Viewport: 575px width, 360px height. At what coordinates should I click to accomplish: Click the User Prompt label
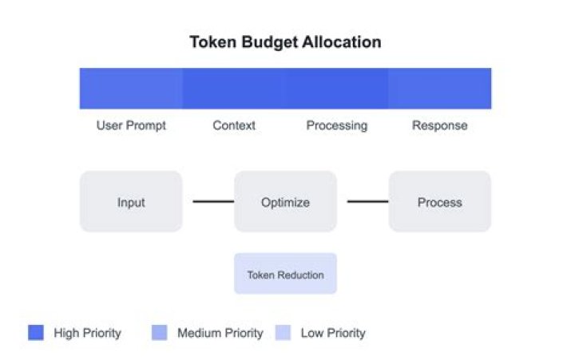[131, 125]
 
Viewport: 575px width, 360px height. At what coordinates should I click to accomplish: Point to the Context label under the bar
[234, 125]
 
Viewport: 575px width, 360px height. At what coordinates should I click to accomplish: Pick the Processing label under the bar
[337, 125]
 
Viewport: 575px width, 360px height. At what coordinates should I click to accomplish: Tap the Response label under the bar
[440, 125]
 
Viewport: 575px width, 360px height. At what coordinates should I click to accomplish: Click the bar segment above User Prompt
[131, 89]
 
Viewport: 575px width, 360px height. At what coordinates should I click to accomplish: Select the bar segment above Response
[440, 89]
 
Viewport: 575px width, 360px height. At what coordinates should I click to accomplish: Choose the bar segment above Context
[234, 89]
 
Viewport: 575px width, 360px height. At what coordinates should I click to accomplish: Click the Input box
[131, 201]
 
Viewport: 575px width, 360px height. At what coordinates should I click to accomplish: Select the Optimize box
[285, 201]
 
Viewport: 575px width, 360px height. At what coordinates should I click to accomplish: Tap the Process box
[440, 201]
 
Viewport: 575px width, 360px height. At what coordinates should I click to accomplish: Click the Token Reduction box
[285, 274]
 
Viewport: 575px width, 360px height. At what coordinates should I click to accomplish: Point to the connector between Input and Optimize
[213, 201]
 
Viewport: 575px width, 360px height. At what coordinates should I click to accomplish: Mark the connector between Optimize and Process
[368, 201]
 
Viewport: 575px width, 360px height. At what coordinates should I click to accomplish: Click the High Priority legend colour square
[36, 333]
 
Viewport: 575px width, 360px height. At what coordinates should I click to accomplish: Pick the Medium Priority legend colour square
[160, 333]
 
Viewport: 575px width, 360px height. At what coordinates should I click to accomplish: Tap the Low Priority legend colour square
[283, 333]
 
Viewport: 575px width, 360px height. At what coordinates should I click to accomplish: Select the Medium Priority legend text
[220, 333]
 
